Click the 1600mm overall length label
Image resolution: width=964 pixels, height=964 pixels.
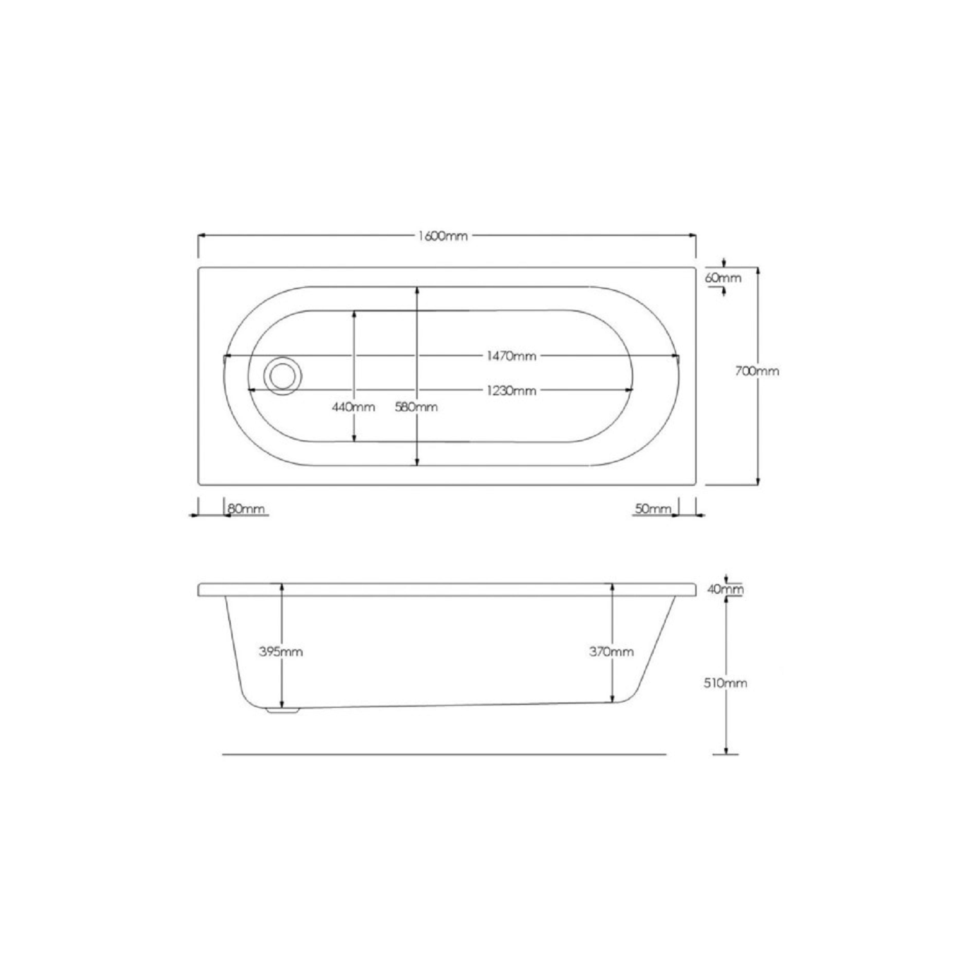coord(443,236)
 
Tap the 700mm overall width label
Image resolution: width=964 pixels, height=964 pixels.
coord(757,371)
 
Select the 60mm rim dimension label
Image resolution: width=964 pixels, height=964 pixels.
coord(723,278)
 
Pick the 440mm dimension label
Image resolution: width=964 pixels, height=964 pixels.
coord(353,407)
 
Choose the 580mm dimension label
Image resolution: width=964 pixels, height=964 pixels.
coord(416,407)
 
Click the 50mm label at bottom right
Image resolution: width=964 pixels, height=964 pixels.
coord(653,509)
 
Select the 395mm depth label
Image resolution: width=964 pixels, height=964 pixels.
coord(281,652)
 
